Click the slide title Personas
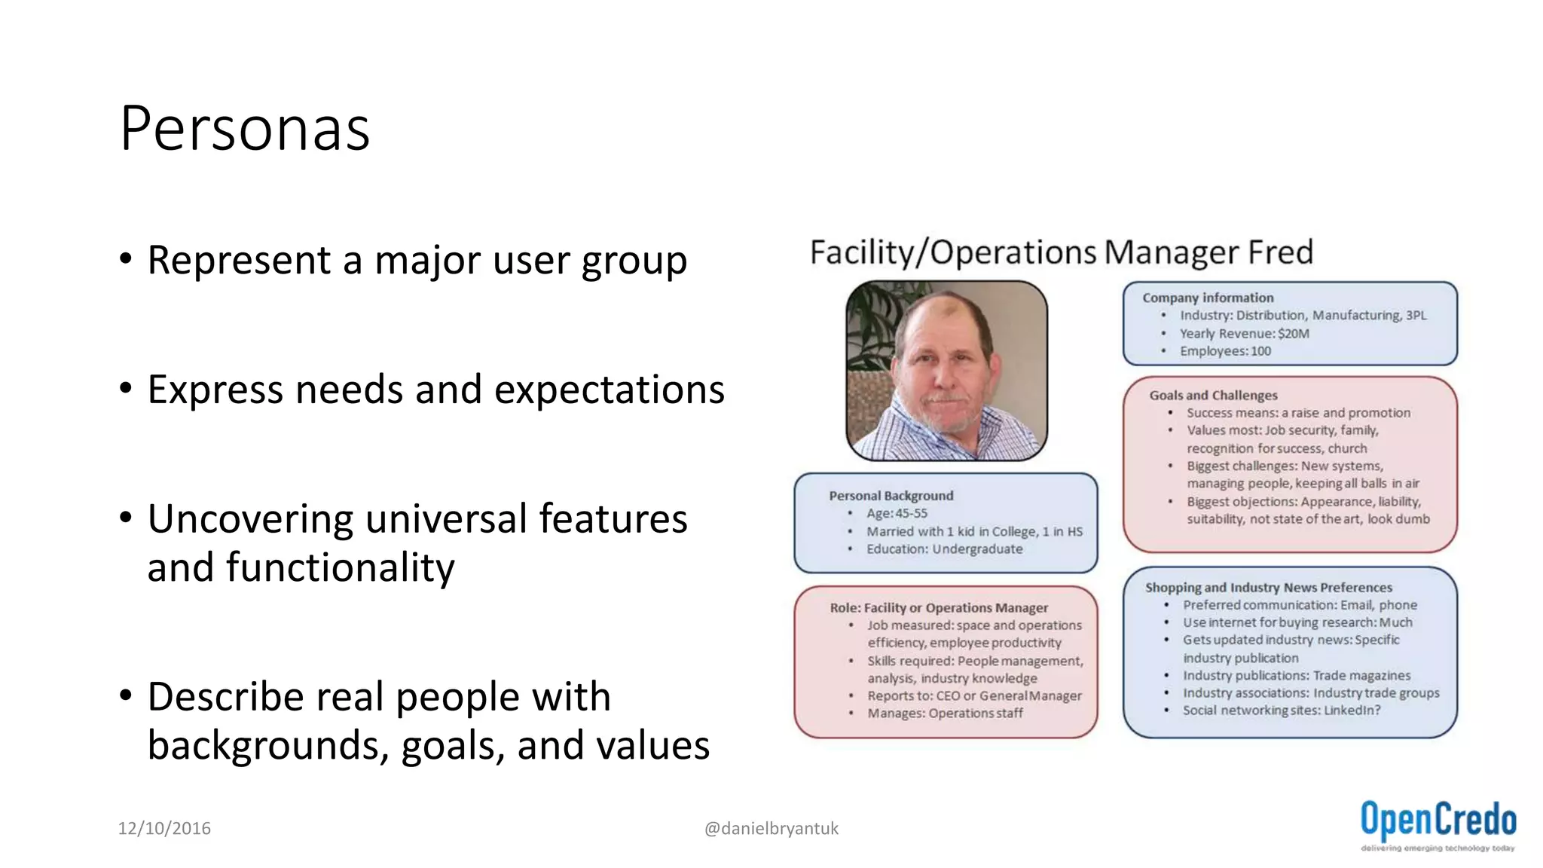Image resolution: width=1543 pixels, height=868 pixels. coord(245,128)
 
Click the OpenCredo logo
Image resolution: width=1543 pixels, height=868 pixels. coord(1438,824)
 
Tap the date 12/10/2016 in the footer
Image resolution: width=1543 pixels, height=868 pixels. coord(164,829)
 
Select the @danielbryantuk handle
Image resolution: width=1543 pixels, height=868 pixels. coord(771,829)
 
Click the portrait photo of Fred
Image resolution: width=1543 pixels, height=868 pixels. coord(946,371)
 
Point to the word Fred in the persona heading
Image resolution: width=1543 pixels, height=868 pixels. coord(1280,252)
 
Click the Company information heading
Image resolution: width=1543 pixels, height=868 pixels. coord(1208,298)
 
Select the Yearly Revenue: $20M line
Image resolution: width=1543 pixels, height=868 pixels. coord(1244,333)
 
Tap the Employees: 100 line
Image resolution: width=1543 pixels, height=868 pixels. coord(1225,351)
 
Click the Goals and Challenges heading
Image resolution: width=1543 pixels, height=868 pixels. coord(1213,396)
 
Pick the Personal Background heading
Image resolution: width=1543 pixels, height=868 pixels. coord(891,496)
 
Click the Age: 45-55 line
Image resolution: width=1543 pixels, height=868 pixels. coord(897,514)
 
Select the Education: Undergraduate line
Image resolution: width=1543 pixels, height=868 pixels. coord(944,549)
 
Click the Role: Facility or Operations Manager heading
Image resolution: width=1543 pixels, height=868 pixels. coord(939,608)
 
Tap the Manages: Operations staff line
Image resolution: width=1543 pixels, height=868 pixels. coord(945,714)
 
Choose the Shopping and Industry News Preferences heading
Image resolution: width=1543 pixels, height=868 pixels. coord(1269,588)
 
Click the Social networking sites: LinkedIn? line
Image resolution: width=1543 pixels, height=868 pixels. coord(1281,711)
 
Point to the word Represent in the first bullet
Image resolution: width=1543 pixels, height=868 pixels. coord(239,261)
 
